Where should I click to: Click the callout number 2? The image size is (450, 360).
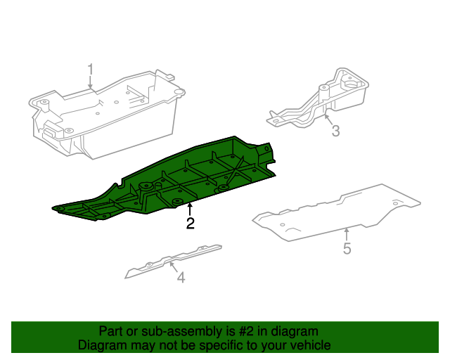[x=190, y=224]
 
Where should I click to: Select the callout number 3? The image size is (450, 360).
[x=335, y=131]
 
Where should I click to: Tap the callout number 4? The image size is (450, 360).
[x=181, y=278]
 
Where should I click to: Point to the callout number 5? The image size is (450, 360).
[x=347, y=248]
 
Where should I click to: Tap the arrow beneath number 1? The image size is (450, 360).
[x=90, y=82]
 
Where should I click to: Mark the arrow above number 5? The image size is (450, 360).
[x=347, y=234]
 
